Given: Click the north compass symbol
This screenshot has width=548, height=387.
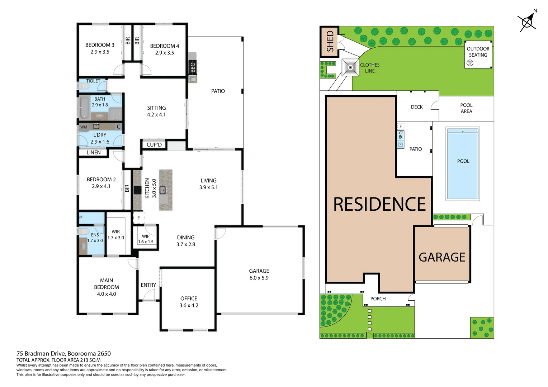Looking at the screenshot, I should pyautogui.click(x=527, y=22).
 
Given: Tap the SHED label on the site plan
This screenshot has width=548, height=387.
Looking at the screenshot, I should pyautogui.click(x=330, y=41).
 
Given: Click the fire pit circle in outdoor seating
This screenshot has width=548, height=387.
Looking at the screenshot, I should pyautogui.click(x=470, y=63).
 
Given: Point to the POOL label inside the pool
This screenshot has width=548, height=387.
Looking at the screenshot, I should pyautogui.click(x=463, y=161).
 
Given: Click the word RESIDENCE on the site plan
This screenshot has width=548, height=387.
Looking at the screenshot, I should pyautogui.click(x=379, y=204).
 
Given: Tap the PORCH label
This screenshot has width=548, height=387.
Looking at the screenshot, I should pyautogui.click(x=378, y=298).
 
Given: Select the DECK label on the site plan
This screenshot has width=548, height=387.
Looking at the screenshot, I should pyautogui.click(x=417, y=107).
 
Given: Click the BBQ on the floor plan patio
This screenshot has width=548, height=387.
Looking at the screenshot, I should pyautogui.click(x=193, y=67).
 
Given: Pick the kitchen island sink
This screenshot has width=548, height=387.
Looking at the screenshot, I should pyautogui.click(x=163, y=190).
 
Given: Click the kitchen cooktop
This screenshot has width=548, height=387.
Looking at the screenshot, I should pyautogui.click(x=137, y=190).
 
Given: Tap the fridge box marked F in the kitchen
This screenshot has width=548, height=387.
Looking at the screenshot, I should pyautogui.click(x=139, y=218).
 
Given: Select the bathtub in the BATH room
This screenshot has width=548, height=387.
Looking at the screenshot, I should pyautogui.click(x=84, y=107).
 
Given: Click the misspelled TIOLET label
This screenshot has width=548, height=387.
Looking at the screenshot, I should pyautogui.click(x=93, y=81).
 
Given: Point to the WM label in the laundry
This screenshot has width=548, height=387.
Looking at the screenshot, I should pyautogui.click(x=84, y=127).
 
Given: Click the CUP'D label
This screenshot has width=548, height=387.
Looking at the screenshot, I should pyautogui.click(x=154, y=145).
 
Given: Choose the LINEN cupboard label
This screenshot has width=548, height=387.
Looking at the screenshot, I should pyautogui.click(x=94, y=152).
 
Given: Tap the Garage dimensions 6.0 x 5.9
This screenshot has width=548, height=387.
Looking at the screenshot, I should pyautogui.click(x=259, y=278).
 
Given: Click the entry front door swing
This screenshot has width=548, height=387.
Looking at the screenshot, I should pyautogui.click(x=149, y=295).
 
